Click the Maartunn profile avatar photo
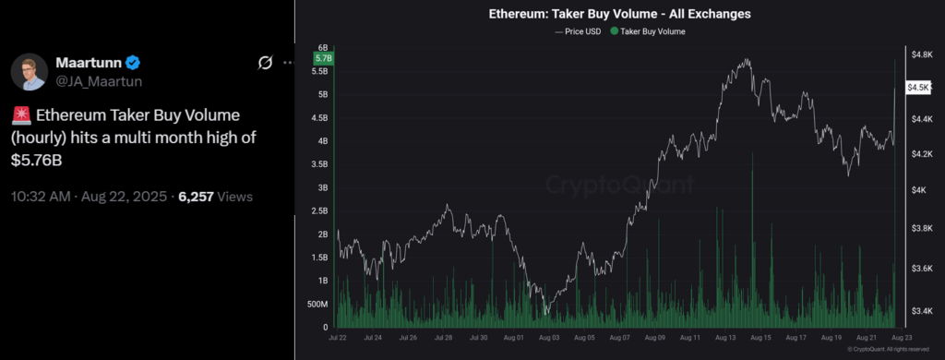pos(29,71)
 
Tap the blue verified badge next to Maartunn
pos(133,63)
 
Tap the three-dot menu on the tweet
pos(288,63)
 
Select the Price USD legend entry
pos(579,31)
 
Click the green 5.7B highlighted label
pos(322,58)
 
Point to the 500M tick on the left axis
pos(317,304)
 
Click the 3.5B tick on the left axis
pos(320,164)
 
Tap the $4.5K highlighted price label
pos(918,87)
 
